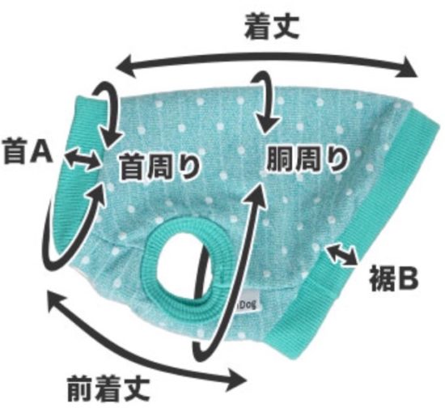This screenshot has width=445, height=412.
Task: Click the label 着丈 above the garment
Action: point(272,27)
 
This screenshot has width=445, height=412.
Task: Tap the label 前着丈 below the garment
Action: point(108,389)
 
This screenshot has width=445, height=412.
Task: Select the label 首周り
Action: point(159,168)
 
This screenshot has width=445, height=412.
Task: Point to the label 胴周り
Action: point(307,159)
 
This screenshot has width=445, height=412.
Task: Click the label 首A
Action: point(28,152)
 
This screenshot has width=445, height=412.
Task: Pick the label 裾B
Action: point(394,278)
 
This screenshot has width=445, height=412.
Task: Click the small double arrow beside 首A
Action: point(82,159)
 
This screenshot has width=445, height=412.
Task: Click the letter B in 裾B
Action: point(407,278)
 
